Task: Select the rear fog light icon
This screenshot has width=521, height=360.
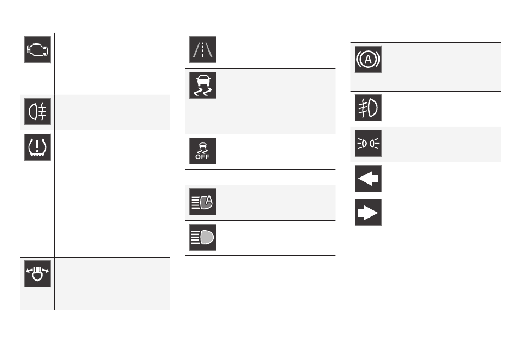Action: coord(37,110)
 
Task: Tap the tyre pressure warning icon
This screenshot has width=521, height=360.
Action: coord(37,147)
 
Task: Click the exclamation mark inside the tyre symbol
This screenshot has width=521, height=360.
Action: coord(37,145)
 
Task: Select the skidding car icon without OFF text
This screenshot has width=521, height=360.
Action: coord(203,84)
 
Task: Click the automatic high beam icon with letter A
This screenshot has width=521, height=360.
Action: coord(203,202)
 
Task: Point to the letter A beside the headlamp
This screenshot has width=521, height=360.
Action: coord(208,199)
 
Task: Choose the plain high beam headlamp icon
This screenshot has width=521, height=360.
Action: coord(203,237)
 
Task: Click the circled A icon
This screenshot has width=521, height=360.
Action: coord(368,59)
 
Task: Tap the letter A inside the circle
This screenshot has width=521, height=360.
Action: coord(368,59)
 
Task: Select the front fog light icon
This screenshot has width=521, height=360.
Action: coord(368,108)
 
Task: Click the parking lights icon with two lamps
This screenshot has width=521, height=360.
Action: coord(368,144)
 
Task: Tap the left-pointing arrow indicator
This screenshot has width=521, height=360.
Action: coord(368,179)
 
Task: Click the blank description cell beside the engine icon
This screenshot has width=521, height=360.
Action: coord(112,64)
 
